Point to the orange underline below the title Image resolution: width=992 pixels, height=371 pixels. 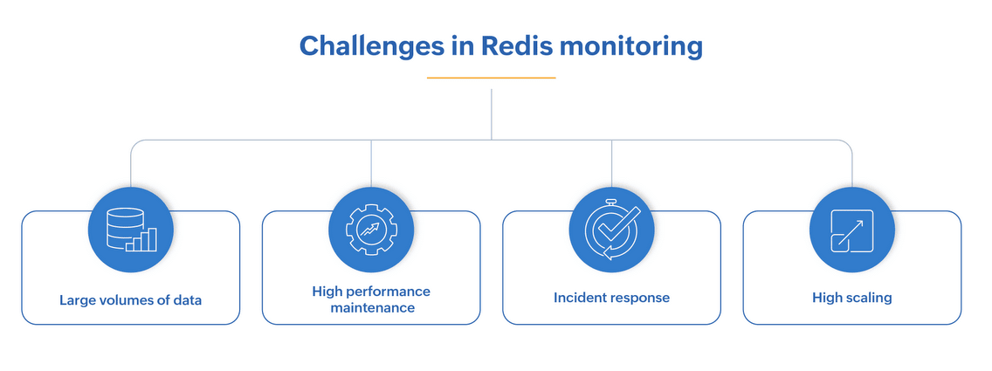(x=492, y=78)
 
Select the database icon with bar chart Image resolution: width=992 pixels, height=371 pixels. (x=131, y=229)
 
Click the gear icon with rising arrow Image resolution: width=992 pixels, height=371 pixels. (x=371, y=229)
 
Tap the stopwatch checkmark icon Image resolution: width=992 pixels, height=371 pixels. (x=611, y=229)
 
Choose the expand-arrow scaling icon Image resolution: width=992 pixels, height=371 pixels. (x=851, y=229)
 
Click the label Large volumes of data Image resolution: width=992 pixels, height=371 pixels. (x=131, y=300)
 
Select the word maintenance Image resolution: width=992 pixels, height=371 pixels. (x=371, y=308)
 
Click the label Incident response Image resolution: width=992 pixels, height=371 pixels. (x=611, y=298)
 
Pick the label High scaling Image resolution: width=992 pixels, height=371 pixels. (x=851, y=298)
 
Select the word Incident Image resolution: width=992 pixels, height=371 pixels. (x=577, y=298)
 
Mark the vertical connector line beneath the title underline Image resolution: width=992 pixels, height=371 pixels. (x=492, y=113)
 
